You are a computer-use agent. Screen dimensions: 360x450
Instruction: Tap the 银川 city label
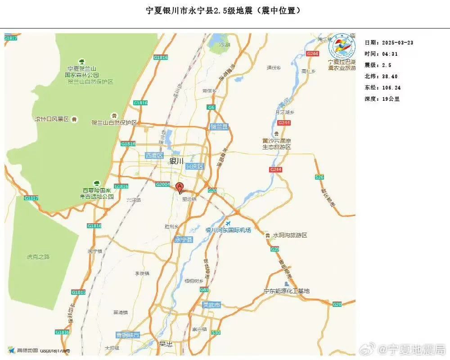point(176,161)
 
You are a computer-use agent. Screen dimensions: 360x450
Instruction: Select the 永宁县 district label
point(183,240)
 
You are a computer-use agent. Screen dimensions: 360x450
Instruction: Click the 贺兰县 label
point(219,127)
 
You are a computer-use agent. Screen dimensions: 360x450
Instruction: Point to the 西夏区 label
point(153,156)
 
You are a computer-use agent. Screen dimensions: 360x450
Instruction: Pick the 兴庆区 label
point(195,166)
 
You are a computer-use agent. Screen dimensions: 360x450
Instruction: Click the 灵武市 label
point(211,305)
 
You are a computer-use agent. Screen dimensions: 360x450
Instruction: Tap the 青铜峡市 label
point(128,335)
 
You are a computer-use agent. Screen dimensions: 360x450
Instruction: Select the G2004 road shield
point(162,184)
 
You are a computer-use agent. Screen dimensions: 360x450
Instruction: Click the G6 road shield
point(211,107)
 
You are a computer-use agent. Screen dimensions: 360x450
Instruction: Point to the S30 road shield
point(216,333)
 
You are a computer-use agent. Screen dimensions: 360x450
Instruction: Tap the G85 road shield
point(204,290)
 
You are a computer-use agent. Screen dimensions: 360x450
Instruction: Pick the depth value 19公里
point(391,99)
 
